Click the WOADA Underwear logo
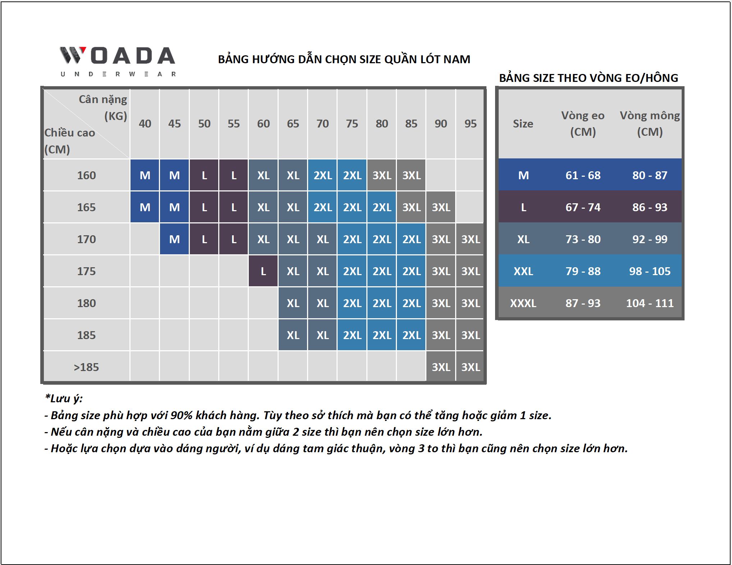(x=118, y=61)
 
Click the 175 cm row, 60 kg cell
(x=263, y=271)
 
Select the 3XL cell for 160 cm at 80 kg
(x=381, y=175)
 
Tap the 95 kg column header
(x=470, y=124)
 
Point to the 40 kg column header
(x=145, y=124)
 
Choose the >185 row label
(x=86, y=367)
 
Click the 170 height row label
(x=86, y=239)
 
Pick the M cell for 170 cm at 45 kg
(x=174, y=239)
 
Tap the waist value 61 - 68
(x=583, y=175)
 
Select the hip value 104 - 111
(x=650, y=303)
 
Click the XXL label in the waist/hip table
(x=523, y=271)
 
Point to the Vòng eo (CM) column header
(x=583, y=124)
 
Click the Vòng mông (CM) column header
(x=650, y=124)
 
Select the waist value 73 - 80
(x=583, y=239)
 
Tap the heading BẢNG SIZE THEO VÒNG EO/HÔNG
(x=589, y=78)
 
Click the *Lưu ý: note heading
(x=64, y=398)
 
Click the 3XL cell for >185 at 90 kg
(x=441, y=367)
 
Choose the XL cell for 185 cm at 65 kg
(x=293, y=335)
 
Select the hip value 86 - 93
(x=650, y=207)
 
